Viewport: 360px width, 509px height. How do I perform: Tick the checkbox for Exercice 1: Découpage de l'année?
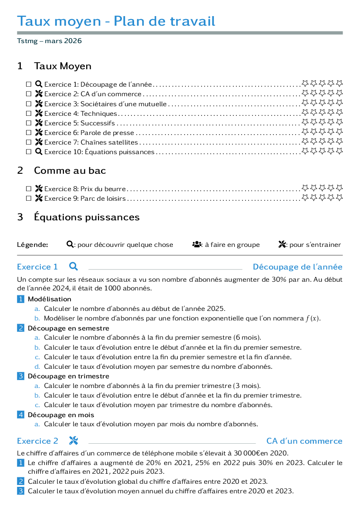pos(29,84)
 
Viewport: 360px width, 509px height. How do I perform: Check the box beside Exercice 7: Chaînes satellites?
pos(29,142)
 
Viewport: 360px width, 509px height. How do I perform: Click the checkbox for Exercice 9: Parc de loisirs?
pos(29,199)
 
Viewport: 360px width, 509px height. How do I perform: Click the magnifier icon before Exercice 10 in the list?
pos(39,152)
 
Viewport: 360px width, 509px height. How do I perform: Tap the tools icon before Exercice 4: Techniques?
pos(39,113)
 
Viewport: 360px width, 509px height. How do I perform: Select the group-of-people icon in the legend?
pos(197,244)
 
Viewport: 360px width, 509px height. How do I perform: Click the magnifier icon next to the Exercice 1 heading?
pos(74,266)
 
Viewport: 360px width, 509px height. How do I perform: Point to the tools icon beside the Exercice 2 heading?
pos(74,441)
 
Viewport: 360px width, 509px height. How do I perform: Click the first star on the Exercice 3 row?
pos(305,103)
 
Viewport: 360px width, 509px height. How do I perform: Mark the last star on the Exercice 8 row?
pos(339,188)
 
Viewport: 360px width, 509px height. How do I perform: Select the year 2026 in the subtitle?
pos(73,41)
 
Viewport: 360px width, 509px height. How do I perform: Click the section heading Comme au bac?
pos(70,170)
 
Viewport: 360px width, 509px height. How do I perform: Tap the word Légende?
pos(33,245)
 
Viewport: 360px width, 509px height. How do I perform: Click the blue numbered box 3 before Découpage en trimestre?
pos(20,376)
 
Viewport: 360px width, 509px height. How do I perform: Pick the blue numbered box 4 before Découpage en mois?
pos(20,415)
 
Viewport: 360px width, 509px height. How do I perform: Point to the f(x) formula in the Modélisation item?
pos(313,318)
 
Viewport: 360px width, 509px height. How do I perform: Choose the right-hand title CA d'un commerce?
pos(304,441)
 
